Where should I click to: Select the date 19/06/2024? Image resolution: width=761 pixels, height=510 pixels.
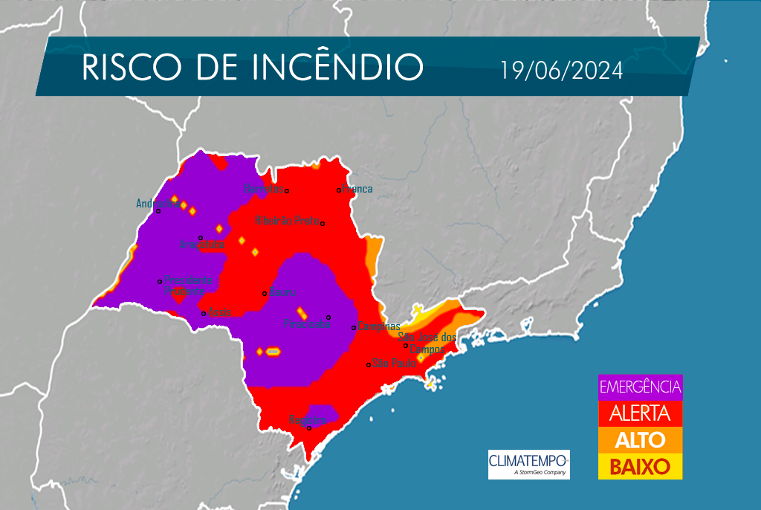pos(561,71)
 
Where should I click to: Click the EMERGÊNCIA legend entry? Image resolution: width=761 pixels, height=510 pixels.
pos(640,387)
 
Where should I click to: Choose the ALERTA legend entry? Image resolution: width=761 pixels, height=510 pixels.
pos(640,413)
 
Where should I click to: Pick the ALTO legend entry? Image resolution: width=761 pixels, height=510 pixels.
pos(640,439)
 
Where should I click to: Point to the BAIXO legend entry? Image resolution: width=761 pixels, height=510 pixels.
pos(640,466)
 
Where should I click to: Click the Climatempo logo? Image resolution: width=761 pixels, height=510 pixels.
pos(528,464)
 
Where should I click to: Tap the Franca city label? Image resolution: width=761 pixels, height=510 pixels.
pos(358,189)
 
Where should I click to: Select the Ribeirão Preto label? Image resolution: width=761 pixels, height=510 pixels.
pos(286,221)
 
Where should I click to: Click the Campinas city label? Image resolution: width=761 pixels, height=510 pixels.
pos(379,326)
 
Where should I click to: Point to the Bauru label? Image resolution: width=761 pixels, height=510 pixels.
pos(283,291)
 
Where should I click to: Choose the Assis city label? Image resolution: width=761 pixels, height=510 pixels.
pos(219,312)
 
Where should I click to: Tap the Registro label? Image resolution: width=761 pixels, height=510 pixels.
pos(308,419)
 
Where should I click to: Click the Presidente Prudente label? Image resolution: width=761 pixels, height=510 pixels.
pos(187,286)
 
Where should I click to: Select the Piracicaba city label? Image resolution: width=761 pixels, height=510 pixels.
pos(306,325)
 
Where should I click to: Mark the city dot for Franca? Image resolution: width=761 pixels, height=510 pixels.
pos(339,190)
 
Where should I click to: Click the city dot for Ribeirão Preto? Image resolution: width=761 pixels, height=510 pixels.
pos(323,223)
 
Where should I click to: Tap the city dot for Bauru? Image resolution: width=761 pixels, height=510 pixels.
pos(265,293)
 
